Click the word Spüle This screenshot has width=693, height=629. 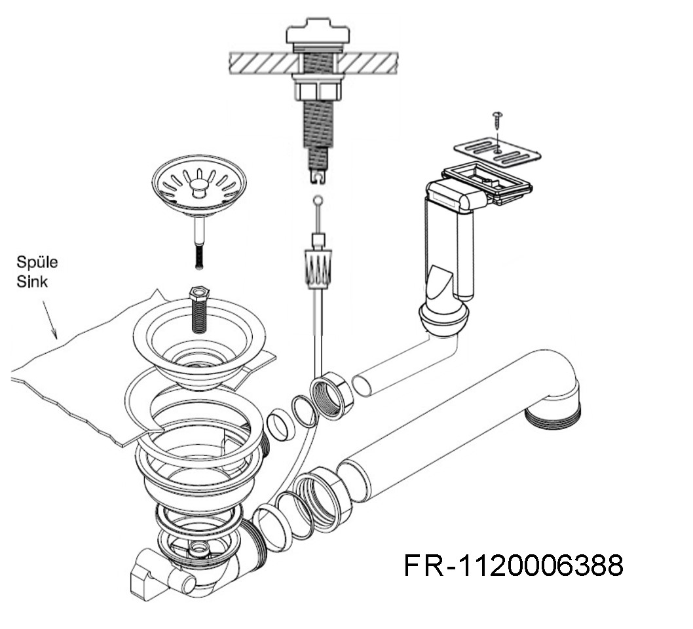[x=37, y=262]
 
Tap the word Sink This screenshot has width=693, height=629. [x=32, y=282]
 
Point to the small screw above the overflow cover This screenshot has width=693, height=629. [x=498, y=119]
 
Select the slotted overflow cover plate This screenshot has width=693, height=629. [x=498, y=153]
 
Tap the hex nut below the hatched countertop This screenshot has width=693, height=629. [x=318, y=90]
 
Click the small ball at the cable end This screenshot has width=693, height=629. [x=318, y=201]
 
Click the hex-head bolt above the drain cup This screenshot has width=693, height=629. [x=199, y=309]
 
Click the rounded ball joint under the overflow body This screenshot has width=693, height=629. [x=443, y=317]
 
